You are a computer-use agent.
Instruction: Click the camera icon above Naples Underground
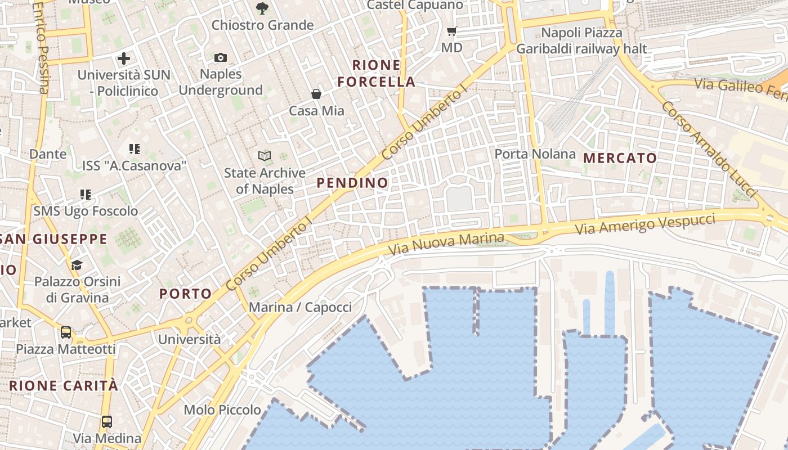[x=221, y=57]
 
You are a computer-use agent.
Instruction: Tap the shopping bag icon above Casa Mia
[x=316, y=94]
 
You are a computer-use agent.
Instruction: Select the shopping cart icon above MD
[x=451, y=31]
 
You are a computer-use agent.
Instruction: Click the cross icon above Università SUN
[x=124, y=58]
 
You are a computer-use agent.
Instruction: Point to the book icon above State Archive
[x=265, y=156]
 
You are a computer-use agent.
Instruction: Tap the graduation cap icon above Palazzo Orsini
[x=77, y=265]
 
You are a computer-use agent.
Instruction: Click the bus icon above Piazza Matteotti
[x=66, y=332]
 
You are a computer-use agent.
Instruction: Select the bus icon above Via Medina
[x=106, y=421]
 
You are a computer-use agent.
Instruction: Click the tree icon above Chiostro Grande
[x=262, y=8]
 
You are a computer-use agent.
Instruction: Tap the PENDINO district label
[x=352, y=183]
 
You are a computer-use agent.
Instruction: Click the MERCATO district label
[x=620, y=158]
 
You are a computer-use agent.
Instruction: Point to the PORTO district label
[x=185, y=294]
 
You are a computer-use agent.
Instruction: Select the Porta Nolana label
[x=535, y=154]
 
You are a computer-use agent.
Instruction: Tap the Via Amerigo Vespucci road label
[x=645, y=224]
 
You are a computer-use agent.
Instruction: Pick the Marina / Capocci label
[x=300, y=307]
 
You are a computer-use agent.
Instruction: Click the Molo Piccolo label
[x=222, y=409]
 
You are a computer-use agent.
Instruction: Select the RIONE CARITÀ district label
[x=64, y=386]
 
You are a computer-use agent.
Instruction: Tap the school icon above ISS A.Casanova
[x=134, y=149]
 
